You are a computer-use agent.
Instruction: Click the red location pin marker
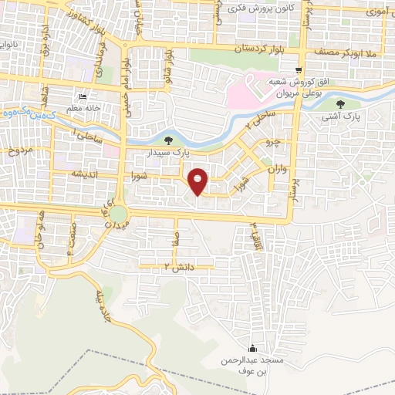198,181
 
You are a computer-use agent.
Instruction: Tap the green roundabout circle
117,212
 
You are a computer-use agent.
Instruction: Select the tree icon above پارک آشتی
341,104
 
